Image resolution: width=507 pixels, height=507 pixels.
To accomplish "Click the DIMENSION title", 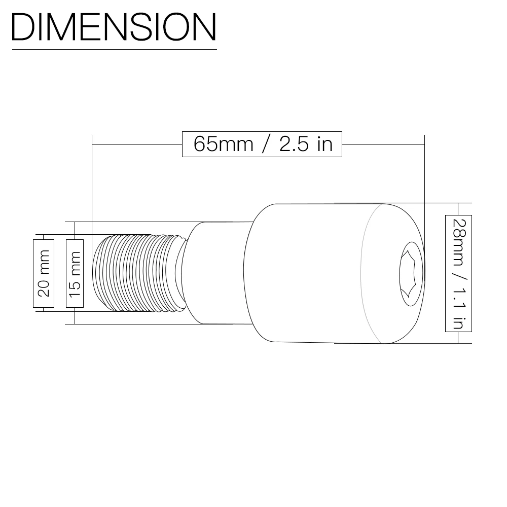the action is pos(114,27).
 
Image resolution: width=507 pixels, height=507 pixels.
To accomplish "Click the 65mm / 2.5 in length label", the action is pos(262,144).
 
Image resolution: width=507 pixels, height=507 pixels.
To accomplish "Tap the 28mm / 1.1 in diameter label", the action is pos(458,274).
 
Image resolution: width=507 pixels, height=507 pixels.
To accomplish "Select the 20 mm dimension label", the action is pos(44,274).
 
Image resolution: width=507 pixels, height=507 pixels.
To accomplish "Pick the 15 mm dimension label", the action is pos(75,274).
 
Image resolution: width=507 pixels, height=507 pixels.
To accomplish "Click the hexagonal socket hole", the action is pos(411,274).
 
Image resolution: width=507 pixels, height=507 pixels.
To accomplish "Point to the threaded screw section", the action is pos(139,273).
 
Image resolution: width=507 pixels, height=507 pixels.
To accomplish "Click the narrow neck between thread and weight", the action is pos(215,273).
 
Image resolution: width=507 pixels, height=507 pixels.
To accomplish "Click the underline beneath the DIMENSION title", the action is pos(115,50).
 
